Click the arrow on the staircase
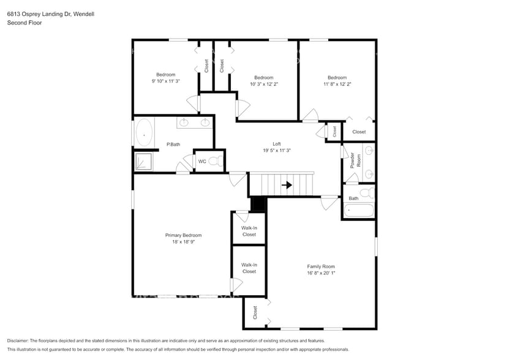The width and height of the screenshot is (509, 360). pos(287,184)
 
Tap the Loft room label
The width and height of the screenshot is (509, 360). pos(277,144)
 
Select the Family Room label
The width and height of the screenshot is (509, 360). pos(321,266)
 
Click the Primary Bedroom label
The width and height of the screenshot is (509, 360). pos(183,235)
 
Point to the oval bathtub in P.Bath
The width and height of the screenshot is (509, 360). pos(145,133)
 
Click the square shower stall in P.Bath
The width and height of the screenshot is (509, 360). pos(144,162)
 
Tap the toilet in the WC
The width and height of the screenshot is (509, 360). pos(214,162)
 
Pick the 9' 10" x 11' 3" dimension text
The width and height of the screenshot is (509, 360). pos(165,81)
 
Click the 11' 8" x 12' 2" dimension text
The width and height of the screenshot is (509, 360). pos(337,84)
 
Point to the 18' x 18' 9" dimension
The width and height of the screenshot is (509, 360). pos(183,242)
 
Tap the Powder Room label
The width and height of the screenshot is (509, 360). pos(356,160)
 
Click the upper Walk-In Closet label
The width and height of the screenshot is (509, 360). pos(249,231)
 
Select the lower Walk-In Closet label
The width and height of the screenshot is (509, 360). pos(249,268)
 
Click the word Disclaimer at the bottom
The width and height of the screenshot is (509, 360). pos(20,340)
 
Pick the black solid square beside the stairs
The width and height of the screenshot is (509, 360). pos(258,204)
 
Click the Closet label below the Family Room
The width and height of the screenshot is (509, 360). pos(255,312)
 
